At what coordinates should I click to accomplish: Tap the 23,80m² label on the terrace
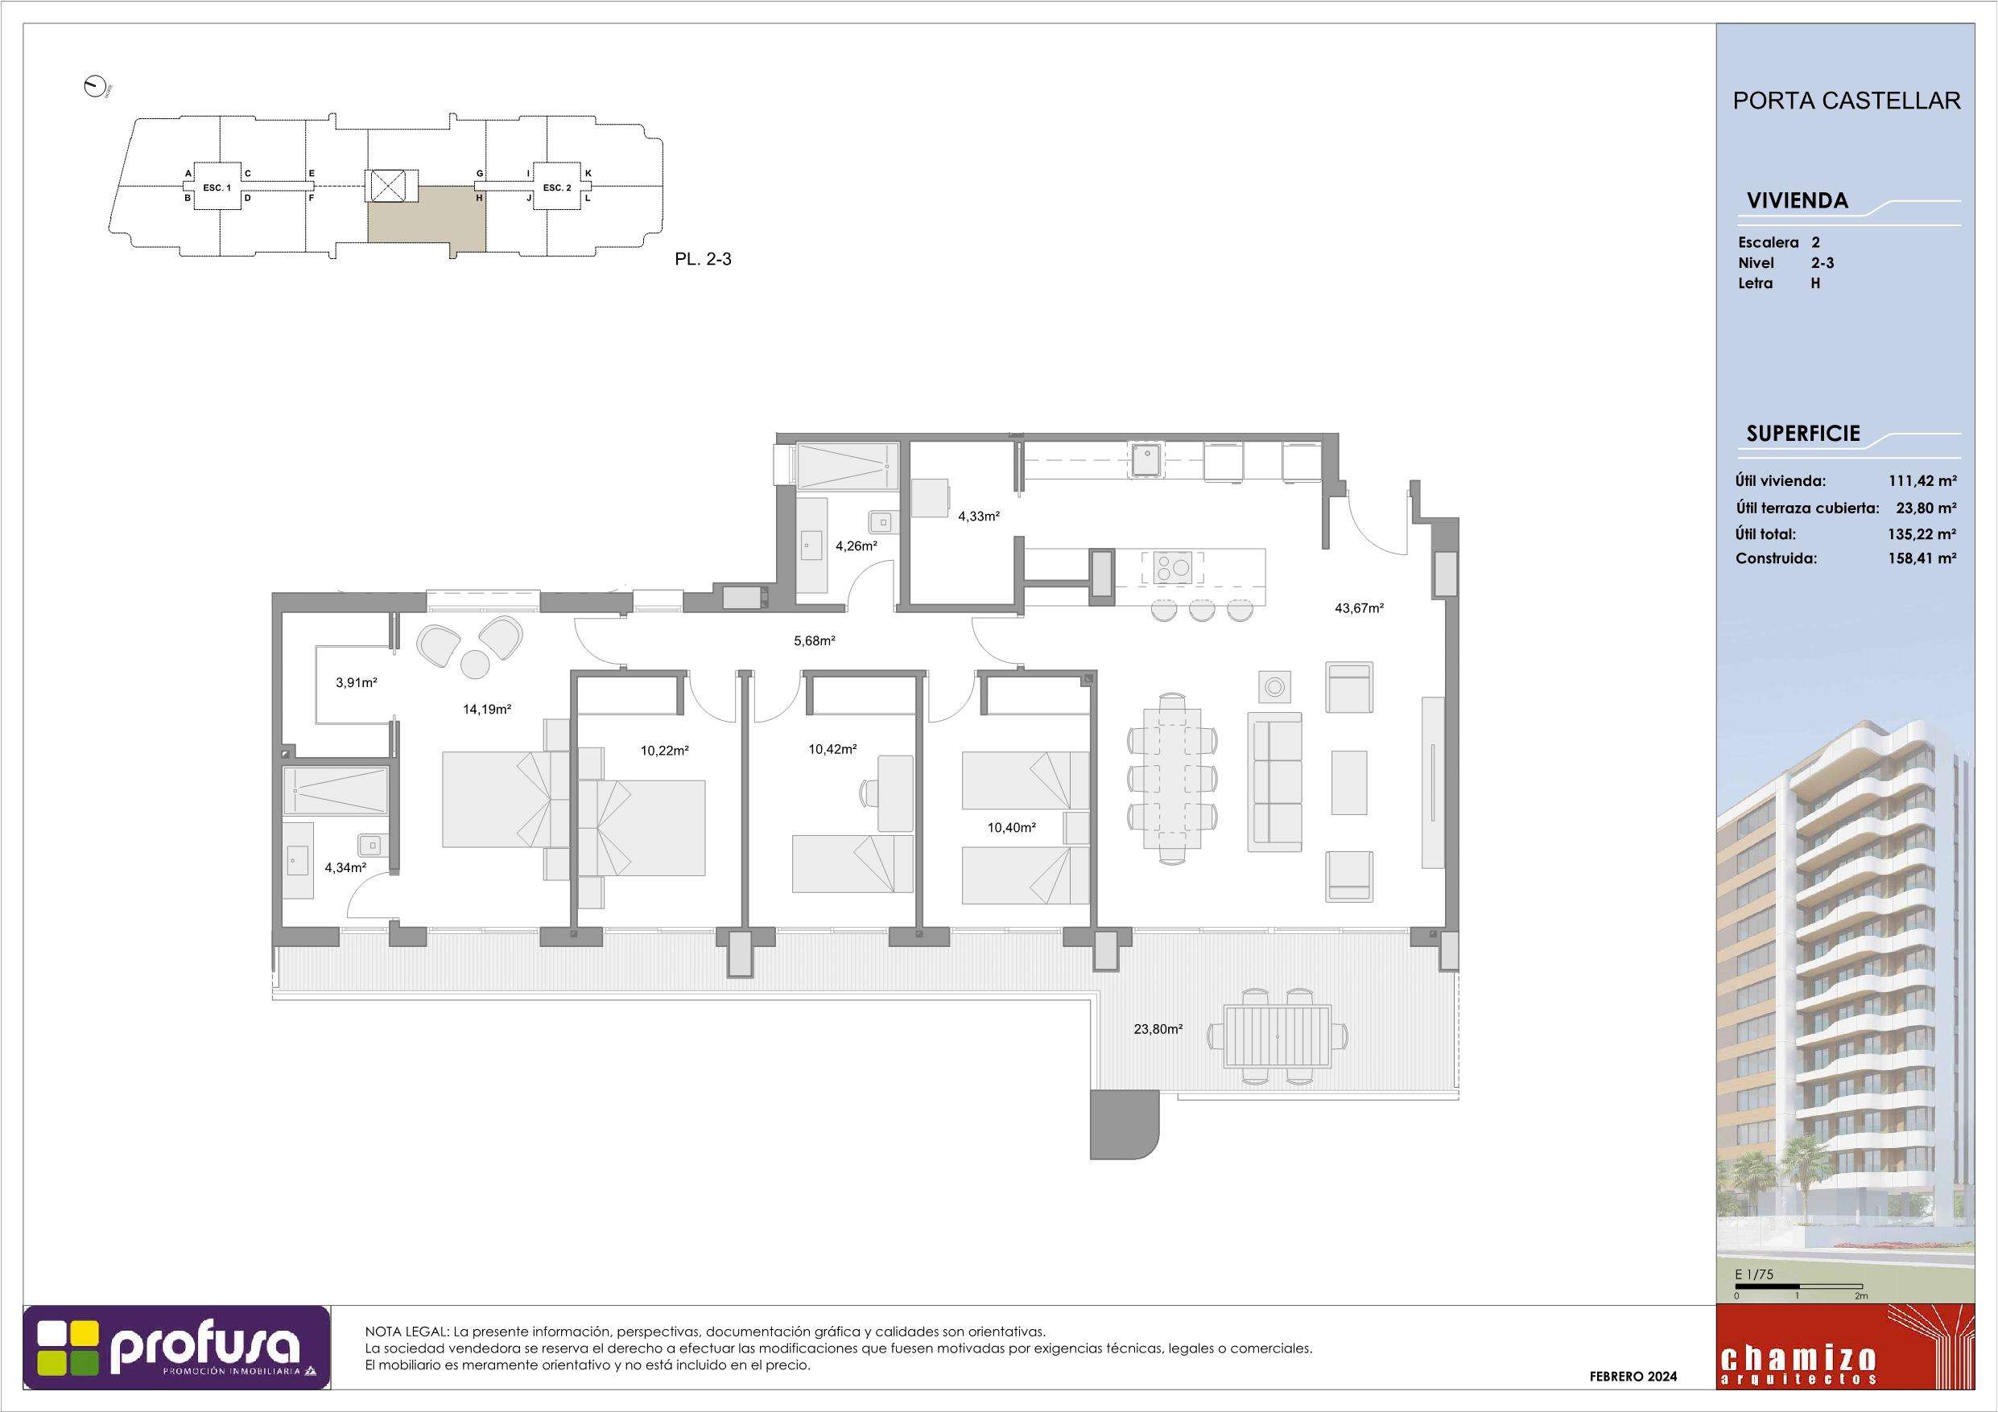click(x=1158, y=1029)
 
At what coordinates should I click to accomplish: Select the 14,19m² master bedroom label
click(x=486, y=709)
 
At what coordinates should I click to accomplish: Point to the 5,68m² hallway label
click(x=815, y=641)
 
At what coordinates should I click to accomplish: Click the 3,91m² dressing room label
click(x=356, y=683)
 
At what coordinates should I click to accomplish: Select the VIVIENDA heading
click(x=1797, y=201)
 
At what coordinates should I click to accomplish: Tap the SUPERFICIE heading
click(x=1803, y=434)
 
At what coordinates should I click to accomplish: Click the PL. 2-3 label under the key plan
click(x=703, y=259)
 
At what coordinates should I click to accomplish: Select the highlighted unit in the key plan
click(x=427, y=222)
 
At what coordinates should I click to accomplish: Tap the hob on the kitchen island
click(x=1174, y=568)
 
